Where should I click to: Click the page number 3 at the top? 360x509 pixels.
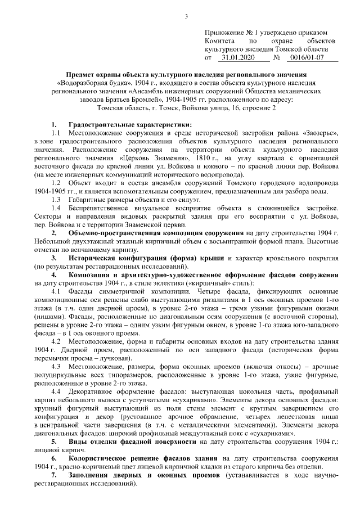[x=185, y=15]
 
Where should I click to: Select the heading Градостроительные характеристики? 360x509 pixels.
[x=129, y=124]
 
